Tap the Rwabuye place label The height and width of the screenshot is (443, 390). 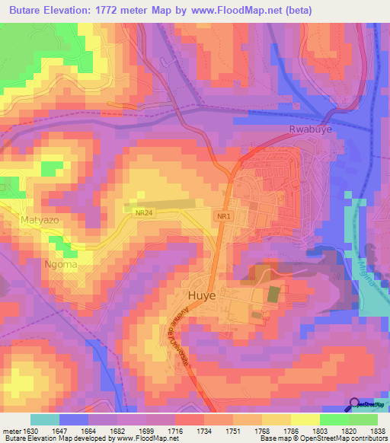[x=311, y=130]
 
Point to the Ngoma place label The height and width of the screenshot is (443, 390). [x=59, y=265]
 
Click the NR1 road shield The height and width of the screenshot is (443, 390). [x=223, y=217]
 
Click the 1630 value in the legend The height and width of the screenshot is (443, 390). [x=30, y=431]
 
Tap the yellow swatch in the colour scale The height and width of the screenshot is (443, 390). [x=305, y=419]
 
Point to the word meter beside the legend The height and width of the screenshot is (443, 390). [x=11, y=431]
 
